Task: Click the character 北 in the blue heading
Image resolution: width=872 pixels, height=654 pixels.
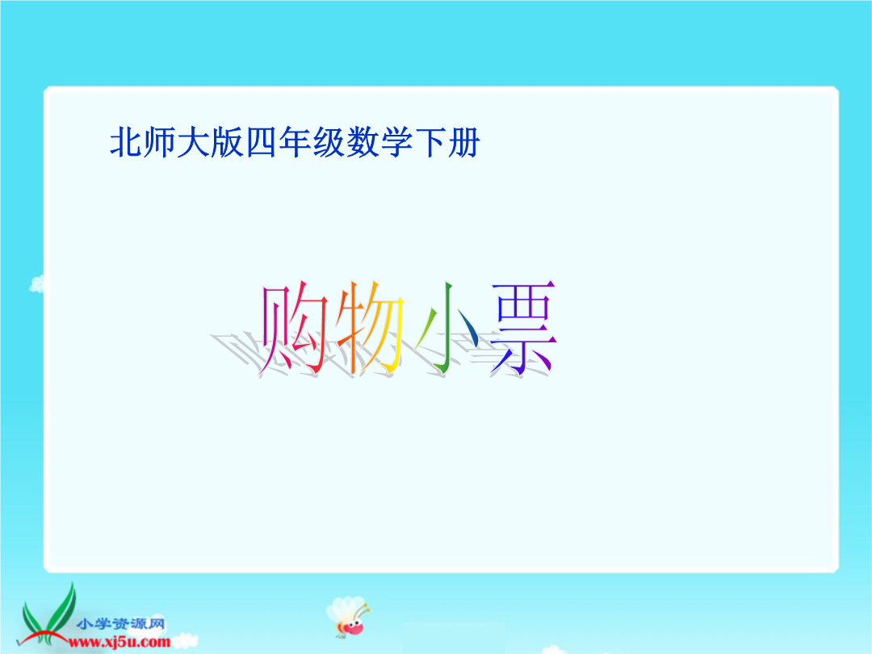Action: pyautogui.click(x=126, y=142)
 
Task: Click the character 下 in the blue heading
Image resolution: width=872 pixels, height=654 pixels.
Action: pyautogui.click(x=430, y=142)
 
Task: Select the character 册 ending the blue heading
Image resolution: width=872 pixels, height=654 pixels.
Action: pyautogui.click(x=463, y=142)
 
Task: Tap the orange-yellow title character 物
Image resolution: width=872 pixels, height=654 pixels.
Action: pyautogui.click(x=369, y=328)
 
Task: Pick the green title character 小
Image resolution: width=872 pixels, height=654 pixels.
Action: pyautogui.click(x=448, y=328)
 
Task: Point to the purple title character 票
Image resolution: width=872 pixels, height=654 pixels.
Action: pyautogui.click(x=522, y=328)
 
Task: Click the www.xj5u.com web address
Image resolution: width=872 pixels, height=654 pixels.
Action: pyautogui.click(x=119, y=643)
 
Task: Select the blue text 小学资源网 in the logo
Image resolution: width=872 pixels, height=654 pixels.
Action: pyautogui.click(x=120, y=624)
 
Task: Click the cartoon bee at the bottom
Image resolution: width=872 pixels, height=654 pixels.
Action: pyautogui.click(x=348, y=616)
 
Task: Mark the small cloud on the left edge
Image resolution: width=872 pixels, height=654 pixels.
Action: pyautogui.click(x=36, y=283)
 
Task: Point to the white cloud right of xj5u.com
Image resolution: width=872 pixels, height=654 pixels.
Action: pyautogui.click(x=184, y=640)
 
